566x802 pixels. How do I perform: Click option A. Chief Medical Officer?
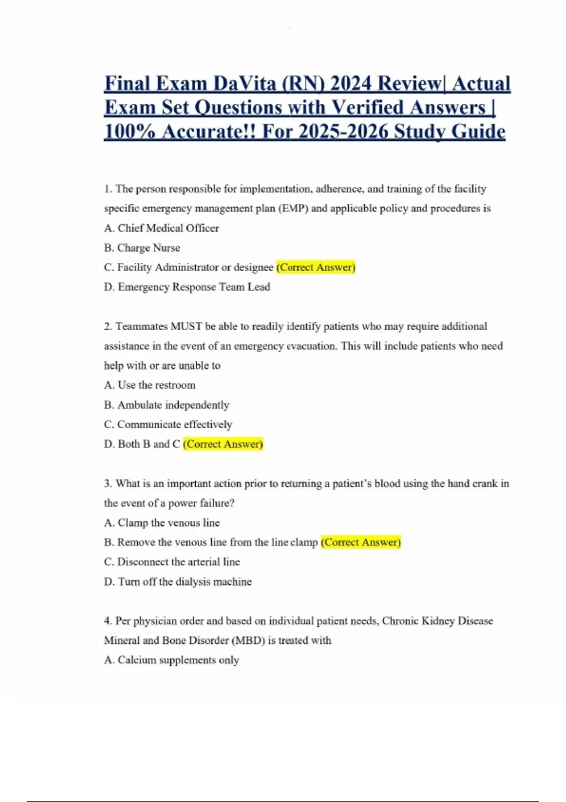pos(161,228)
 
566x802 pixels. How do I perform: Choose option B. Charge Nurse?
pos(142,248)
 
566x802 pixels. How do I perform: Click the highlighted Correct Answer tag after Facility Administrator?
pos(316,267)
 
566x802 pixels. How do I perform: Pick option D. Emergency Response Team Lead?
pos(187,287)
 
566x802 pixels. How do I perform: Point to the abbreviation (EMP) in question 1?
pos(293,209)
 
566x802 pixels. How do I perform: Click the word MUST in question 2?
pos(186,326)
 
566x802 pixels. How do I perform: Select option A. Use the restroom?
pos(150,385)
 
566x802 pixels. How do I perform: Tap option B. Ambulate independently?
pos(166,405)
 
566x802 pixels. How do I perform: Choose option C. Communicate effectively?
pos(168,425)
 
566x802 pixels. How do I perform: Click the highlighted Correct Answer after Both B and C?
pos(223,444)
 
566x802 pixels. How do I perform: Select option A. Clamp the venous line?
pos(162,523)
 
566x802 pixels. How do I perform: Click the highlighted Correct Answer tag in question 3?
pos(360,543)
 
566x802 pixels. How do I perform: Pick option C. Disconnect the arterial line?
pos(172,562)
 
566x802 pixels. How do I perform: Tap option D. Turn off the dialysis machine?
pos(178,582)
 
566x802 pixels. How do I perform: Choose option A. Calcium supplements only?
pos(171,660)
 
